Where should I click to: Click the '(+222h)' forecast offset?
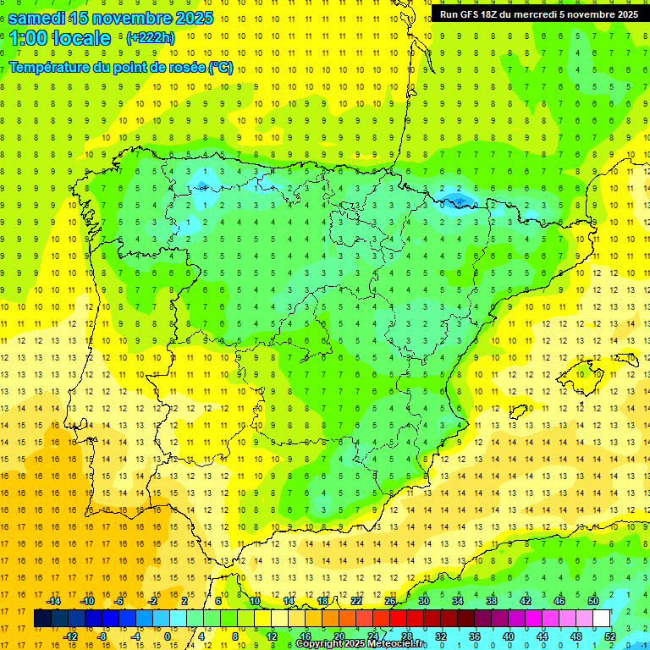[x=150, y=38]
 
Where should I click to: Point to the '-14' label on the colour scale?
[x=54, y=601]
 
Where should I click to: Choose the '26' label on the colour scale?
[x=390, y=601]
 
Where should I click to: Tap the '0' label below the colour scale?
[x=167, y=636]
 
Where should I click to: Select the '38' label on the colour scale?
[x=492, y=601]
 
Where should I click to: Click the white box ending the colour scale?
[x=601, y=619]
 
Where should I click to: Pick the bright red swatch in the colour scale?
[x=399, y=619]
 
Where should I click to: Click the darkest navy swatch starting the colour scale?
[x=42, y=619]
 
